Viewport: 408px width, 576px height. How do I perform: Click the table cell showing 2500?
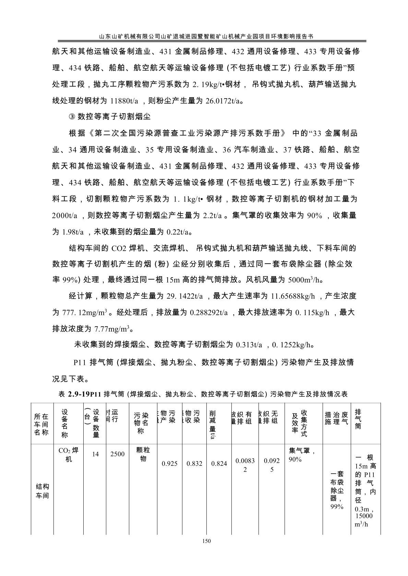tap(117, 454)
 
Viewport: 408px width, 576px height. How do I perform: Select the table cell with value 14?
tap(95, 454)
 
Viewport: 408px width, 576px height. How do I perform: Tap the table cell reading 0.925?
tap(169, 464)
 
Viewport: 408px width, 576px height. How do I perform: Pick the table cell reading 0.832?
tap(194, 464)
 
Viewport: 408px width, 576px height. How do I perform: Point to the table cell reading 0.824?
tap(219, 464)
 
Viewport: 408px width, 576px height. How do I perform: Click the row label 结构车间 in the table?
tap(42, 491)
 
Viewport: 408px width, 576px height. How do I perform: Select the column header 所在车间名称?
tap(41, 424)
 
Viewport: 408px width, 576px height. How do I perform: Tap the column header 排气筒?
tap(358, 419)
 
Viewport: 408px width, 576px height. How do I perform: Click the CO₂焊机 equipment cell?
tap(69, 455)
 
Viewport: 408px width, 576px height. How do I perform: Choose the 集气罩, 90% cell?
tap(300, 455)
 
